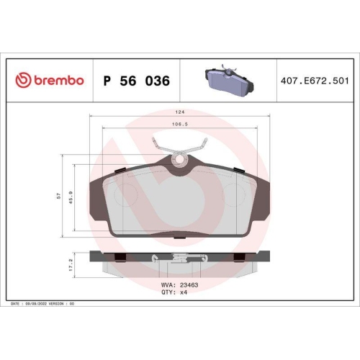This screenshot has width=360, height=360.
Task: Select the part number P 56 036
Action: pos(137,81)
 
